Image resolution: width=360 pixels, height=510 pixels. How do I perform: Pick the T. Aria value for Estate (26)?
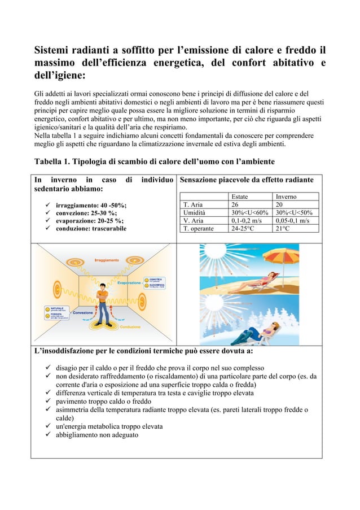click(x=236, y=204)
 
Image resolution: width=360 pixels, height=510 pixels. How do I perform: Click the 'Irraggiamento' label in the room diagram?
click(x=106, y=260)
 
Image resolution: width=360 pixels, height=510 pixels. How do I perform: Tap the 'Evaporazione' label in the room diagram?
click(x=129, y=282)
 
